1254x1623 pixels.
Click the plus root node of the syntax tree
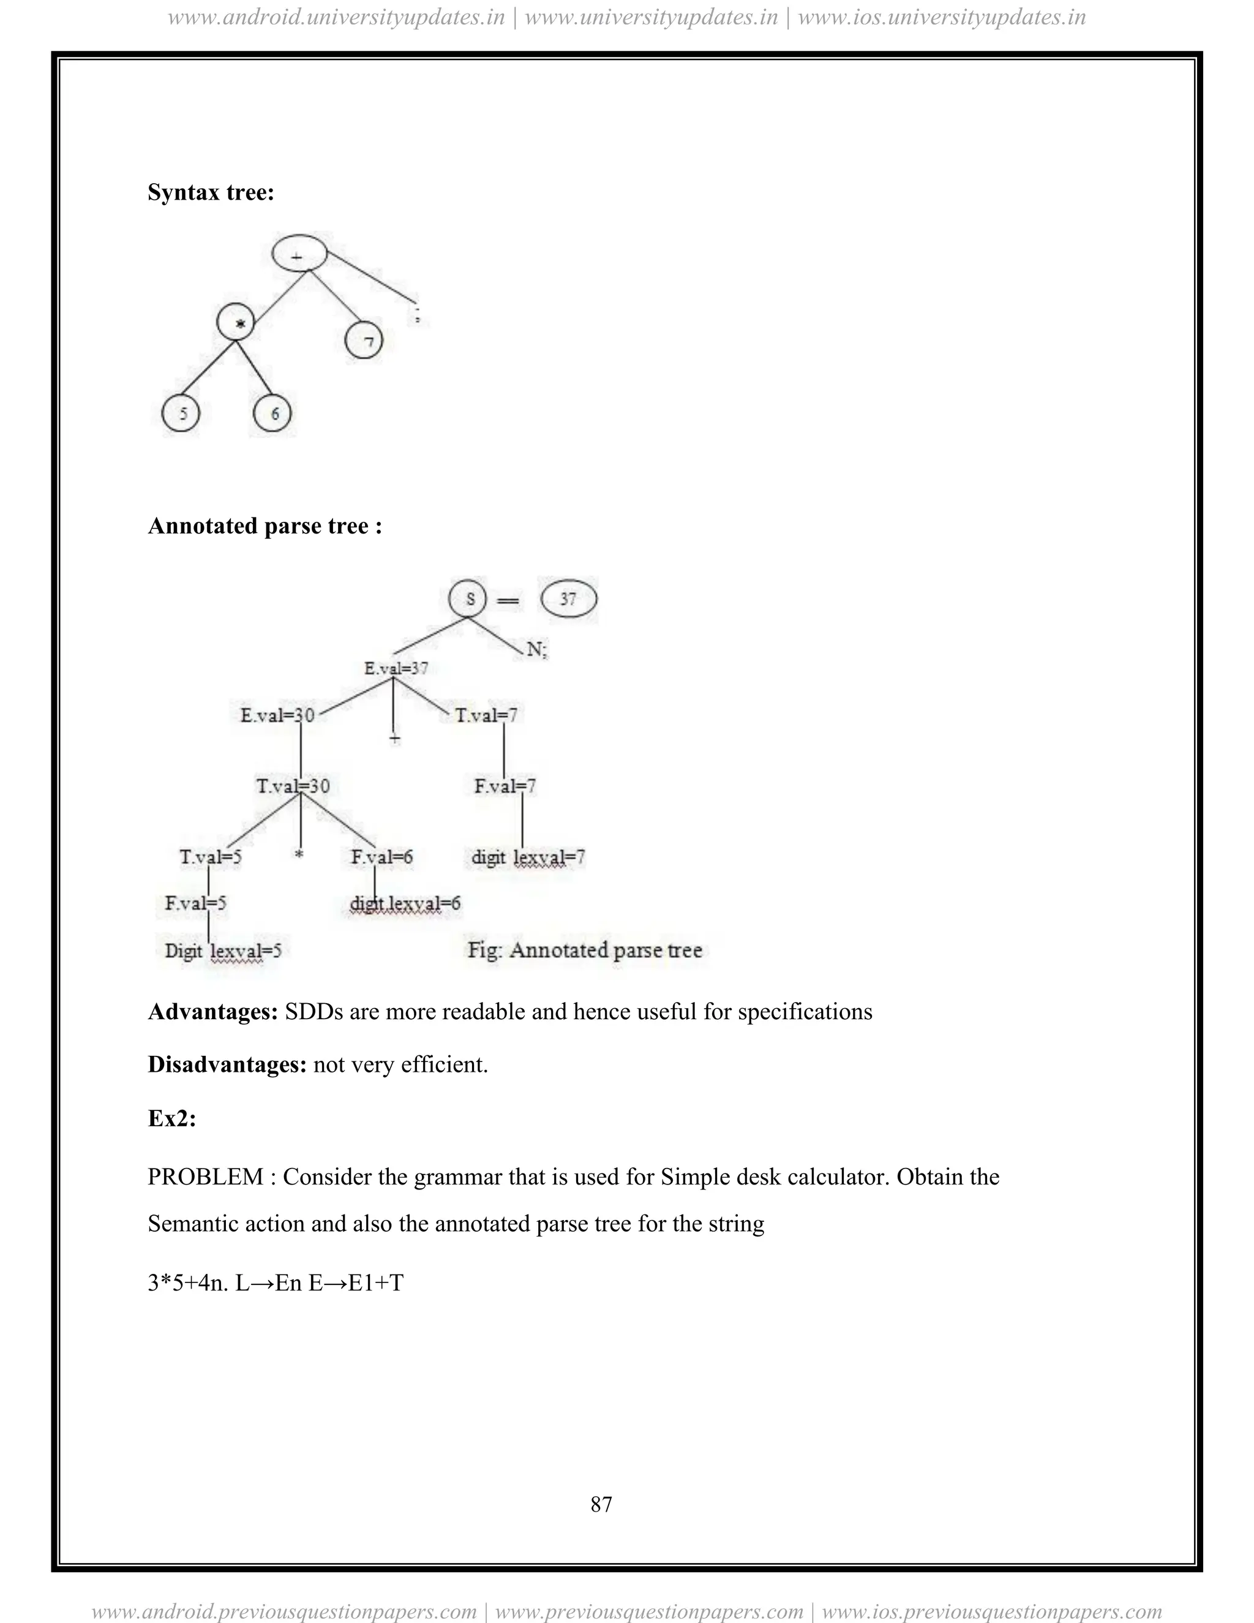point(299,254)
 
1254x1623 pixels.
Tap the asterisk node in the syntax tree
point(236,323)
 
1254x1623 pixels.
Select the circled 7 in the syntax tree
point(364,341)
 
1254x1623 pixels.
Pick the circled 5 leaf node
point(181,413)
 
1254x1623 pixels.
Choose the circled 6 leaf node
point(272,413)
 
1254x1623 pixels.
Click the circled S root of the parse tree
point(468,599)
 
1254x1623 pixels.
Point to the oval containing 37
point(568,599)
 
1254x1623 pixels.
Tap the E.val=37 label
point(396,668)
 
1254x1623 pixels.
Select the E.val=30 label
point(277,715)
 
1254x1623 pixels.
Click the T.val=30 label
point(293,786)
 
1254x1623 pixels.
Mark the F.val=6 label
point(382,857)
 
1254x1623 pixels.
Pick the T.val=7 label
point(487,715)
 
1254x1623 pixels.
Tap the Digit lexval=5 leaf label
point(223,951)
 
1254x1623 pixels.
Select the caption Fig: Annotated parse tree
point(585,950)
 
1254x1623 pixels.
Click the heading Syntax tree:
point(211,192)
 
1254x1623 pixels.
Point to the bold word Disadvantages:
point(227,1065)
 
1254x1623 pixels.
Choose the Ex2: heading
point(171,1118)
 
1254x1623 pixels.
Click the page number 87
point(601,1504)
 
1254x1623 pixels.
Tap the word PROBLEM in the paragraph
point(206,1177)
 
